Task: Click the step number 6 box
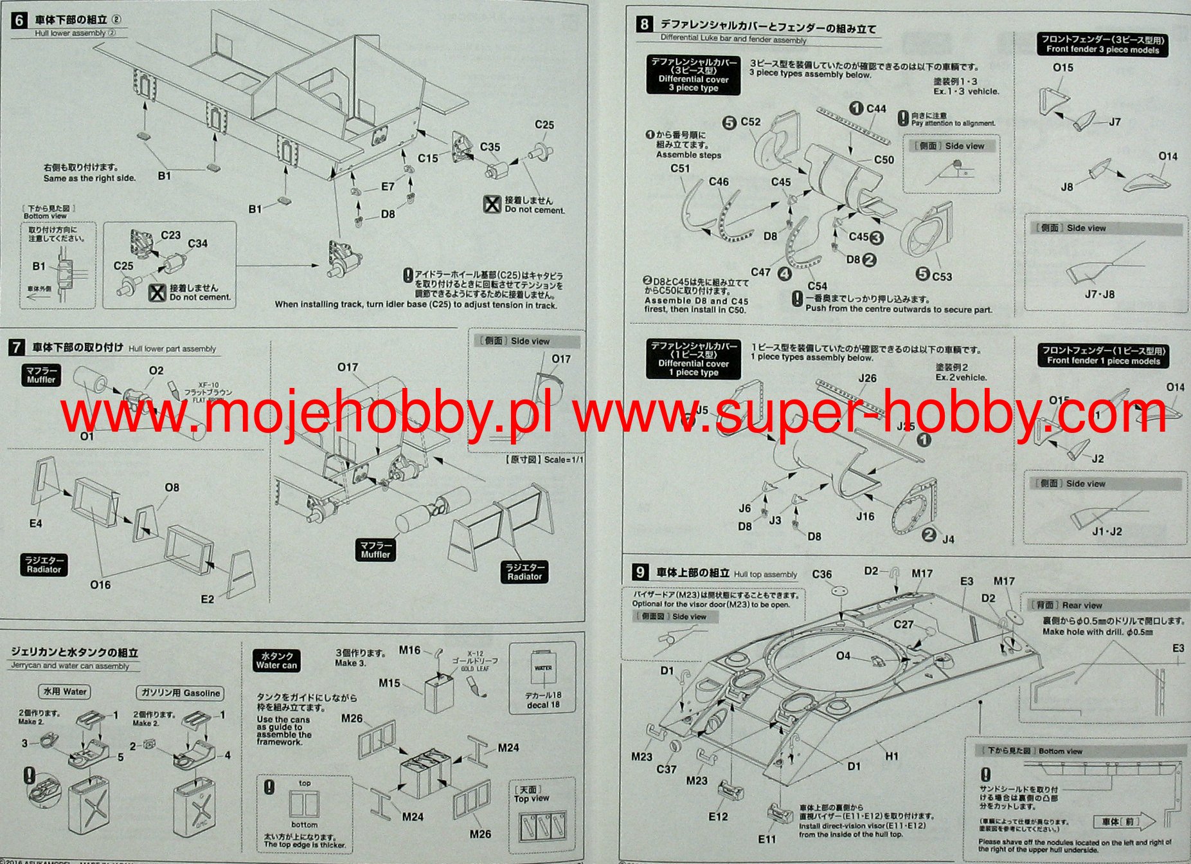click(x=19, y=20)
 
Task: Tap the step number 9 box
click(x=640, y=572)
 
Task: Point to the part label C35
click(x=490, y=147)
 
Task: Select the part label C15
click(x=427, y=158)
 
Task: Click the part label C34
click(x=197, y=244)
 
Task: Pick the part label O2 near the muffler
click(x=156, y=371)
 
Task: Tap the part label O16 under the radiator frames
click(x=100, y=585)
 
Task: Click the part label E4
click(x=35, y=524)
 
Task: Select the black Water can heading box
click(x=276, y=661)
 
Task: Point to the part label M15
click(x=390, y=683)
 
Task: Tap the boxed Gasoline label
click(x=180, y=693)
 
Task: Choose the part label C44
click(x=875, y=109)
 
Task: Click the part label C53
click(x=942, y=277)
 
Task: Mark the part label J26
click(x=868, y=378)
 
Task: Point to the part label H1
click(x=891, y=757)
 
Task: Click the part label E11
click(x=767, y=839)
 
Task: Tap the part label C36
click(x=822, y=574)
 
